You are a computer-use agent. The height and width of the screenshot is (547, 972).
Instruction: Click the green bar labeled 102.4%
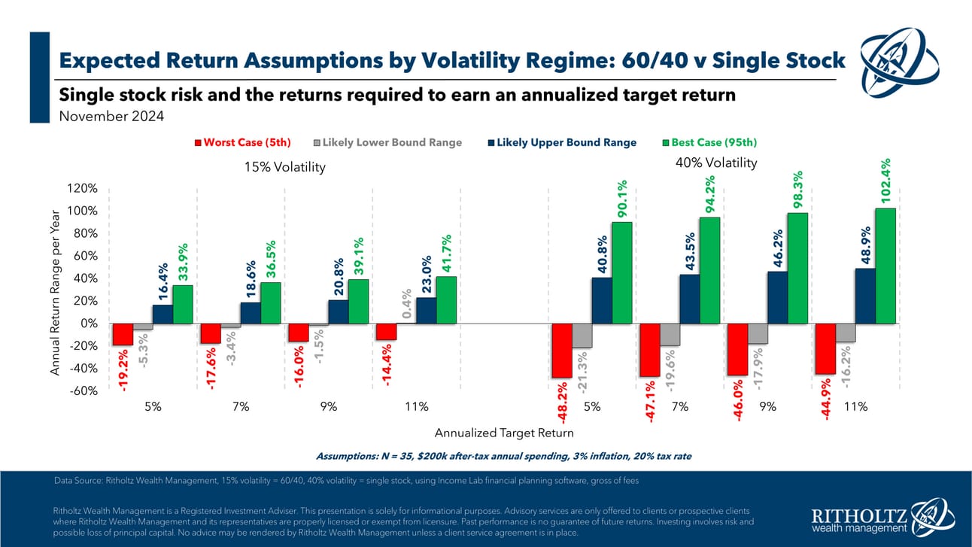coord(885,266)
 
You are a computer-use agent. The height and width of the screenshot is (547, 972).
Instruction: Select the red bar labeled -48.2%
coord(562,351)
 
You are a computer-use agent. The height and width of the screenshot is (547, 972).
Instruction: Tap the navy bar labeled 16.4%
coord(163,314)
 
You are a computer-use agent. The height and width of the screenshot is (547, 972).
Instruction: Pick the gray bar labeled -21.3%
coord(582,336)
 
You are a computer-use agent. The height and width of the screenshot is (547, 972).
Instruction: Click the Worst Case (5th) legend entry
coord(243,142)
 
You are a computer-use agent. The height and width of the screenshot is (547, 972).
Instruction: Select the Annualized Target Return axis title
coord(504,433)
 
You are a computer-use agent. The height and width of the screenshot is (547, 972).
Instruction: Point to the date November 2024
coord(111,117)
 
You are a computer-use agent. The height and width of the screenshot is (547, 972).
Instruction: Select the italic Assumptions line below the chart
coord(504,456)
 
